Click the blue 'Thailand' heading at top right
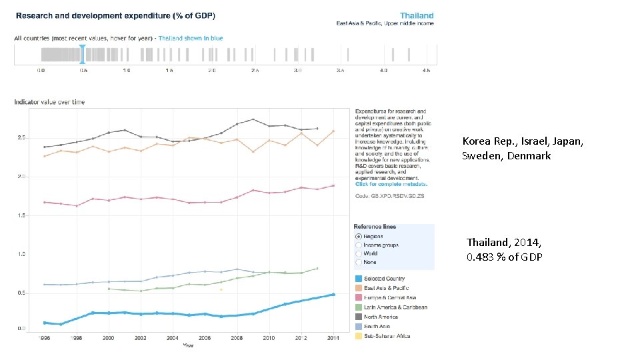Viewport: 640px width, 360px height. tap(417, 15)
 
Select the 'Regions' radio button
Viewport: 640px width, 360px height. tap(359, 236)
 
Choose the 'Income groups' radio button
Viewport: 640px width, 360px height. tap(359, 245)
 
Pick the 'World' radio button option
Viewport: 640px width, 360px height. tap(359, 253)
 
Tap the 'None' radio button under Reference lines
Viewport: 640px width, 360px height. tap(359, 262)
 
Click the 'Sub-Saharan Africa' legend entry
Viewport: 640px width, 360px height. tap(388, 336)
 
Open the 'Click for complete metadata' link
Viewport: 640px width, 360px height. tap(391, 184)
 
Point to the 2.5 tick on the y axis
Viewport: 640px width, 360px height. tap(21, 138)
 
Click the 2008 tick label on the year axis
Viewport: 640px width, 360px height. tap(237, 339)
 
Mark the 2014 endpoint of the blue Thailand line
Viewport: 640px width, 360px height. tap(333, 295)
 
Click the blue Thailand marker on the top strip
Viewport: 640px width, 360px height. tap(83, 55)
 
